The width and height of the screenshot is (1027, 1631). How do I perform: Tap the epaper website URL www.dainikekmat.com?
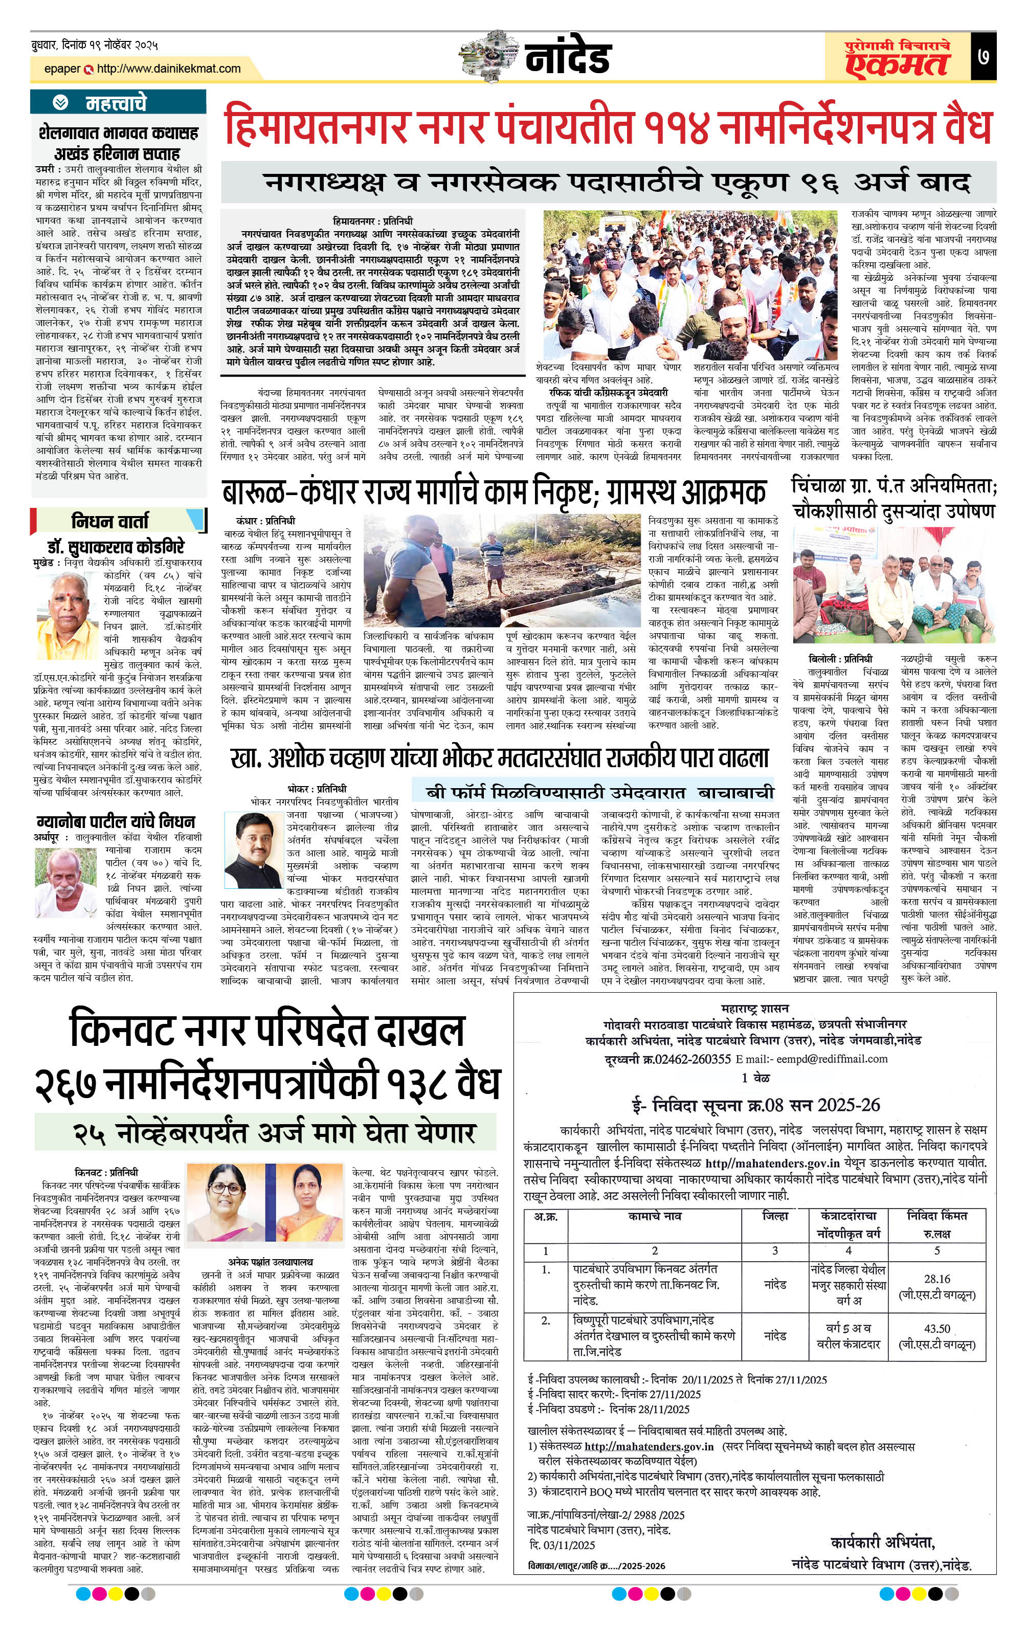[x=168, y=69]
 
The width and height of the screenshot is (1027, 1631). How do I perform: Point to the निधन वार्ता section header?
[x=110, y=521]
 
